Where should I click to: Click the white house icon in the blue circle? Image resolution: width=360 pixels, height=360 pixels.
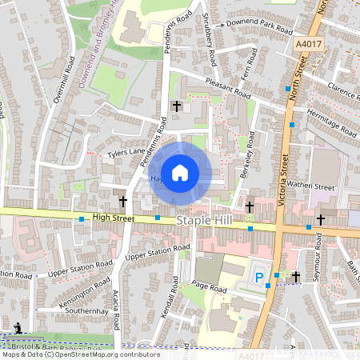click(x=180, y=172)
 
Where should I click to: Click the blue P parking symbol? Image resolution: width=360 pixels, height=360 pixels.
click(x=258, y=278)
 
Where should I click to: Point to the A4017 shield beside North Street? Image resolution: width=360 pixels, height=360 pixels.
click(x=307, y=46)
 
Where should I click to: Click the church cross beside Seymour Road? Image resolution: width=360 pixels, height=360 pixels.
click(x=295, y=276)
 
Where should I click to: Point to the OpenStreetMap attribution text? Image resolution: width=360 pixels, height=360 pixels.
click(x=80, y=354)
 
